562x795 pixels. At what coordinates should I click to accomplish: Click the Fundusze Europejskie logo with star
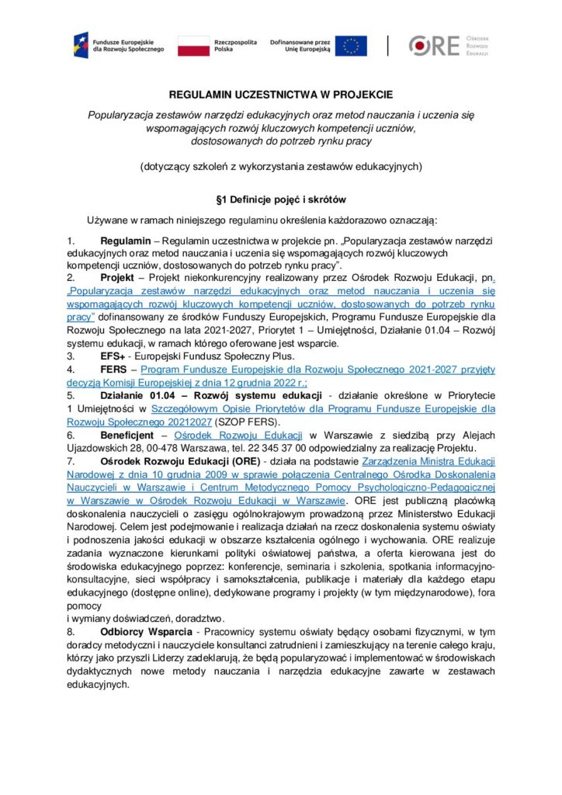click(81, 44)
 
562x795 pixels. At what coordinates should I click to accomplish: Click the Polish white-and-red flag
click(193, 45)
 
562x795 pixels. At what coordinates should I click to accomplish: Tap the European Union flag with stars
click(352, 45)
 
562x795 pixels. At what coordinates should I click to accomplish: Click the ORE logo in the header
click(435, 46)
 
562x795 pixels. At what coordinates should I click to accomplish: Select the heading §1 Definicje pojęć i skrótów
click(280, 199)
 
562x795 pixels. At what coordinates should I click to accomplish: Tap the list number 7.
click(70, 460)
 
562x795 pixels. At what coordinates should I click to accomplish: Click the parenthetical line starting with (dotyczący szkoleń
click(280, 165)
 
